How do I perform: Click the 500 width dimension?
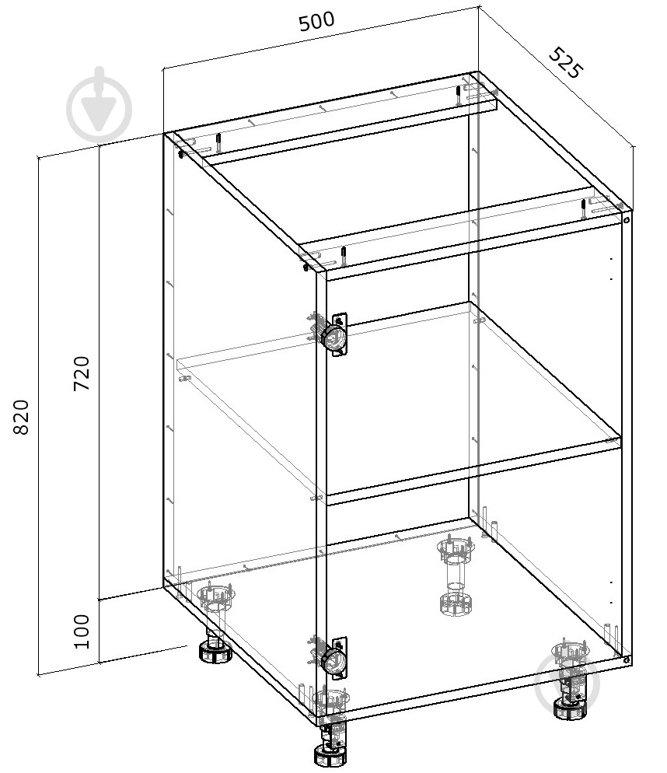(316, 21)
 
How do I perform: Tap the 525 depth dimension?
(566, 63)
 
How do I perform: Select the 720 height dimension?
(82, 373)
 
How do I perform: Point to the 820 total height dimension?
(20, 417)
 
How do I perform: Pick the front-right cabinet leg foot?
(570, 709)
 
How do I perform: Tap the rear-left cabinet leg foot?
(215, 652)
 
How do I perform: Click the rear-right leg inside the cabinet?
(456, 575)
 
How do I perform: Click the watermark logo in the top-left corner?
(100, 105)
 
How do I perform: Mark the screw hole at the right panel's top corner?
(626, 220)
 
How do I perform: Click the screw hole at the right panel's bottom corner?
(626, 659)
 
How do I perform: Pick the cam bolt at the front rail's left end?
(344, 256)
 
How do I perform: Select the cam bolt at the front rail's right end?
(584, 208)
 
